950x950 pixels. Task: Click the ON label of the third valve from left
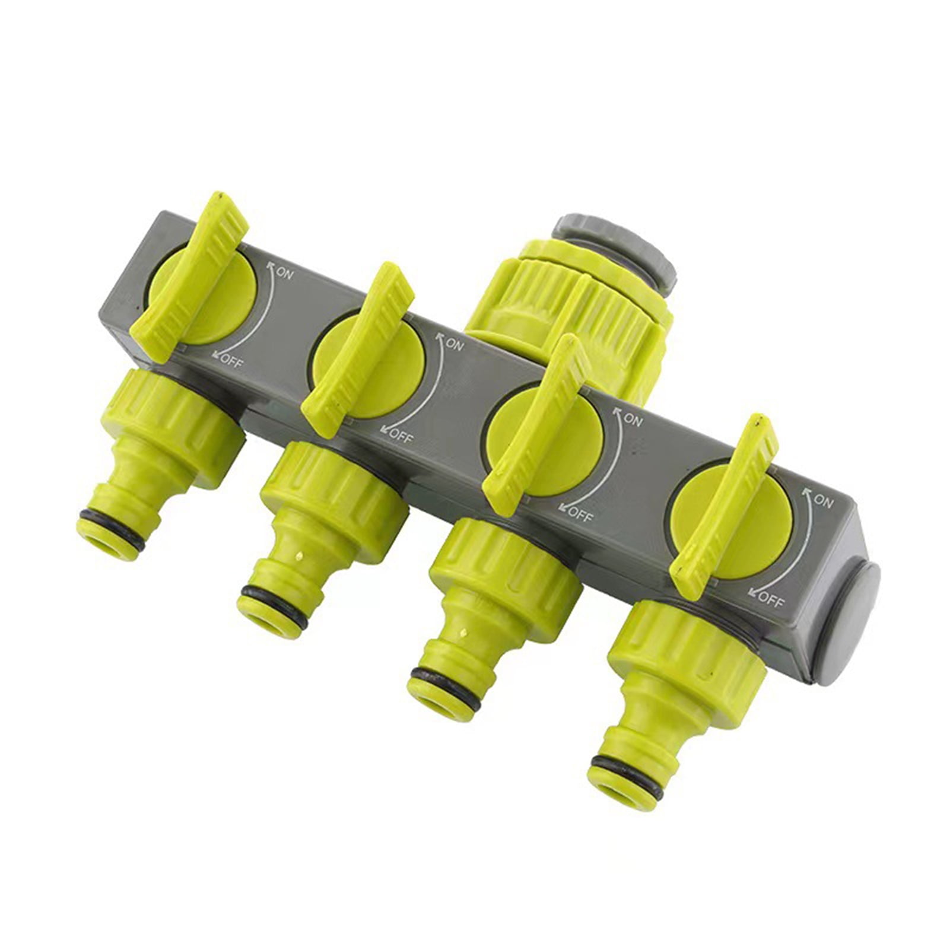[633, 420]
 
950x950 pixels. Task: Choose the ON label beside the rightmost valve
[822, 501]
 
